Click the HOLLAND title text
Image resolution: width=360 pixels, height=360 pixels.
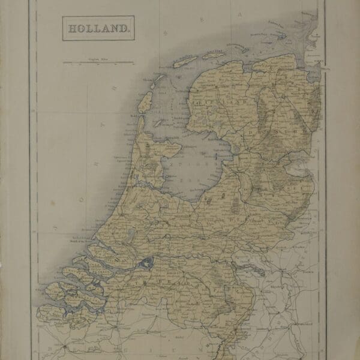coord(96,28)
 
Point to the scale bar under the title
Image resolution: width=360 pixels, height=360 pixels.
coord(99,62)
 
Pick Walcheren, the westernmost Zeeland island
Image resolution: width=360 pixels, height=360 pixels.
coord(50,294)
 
